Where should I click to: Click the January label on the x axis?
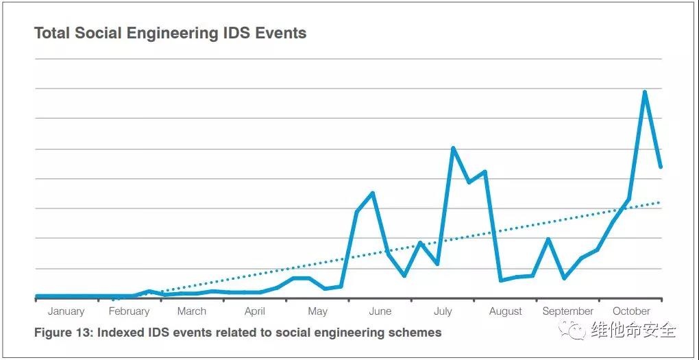pyautogui.click(x=66, y=311)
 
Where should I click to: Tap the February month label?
pyautogui.click(x=129, y=311)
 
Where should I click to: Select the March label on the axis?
pyautogui.click(x=191, y=311)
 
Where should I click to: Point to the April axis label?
pyautogui.click(x=254, y=311)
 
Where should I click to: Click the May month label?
pyautogui.click(x=317, y=311)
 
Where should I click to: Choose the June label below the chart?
pyautogui.click(x=380, y=311)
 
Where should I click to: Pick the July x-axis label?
pyautogui.click(x=443, y=311)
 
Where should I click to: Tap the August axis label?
pyautogui.click(x=506, y=311)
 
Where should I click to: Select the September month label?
pyautogui.click(x=567, y=311)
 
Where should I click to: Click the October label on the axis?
pyautogui.click(x=631, y=311)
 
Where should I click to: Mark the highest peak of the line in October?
pyautogui.click(x=645, y=92)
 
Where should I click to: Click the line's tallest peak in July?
pyautogui.click(x=453, y=148)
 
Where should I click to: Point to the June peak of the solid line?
pyautogui.click(x=372, y=193)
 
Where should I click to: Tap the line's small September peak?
pyautogui.click(x=548, y=239)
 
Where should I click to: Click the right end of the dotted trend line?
pyautogui.click(x=660, y=202)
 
